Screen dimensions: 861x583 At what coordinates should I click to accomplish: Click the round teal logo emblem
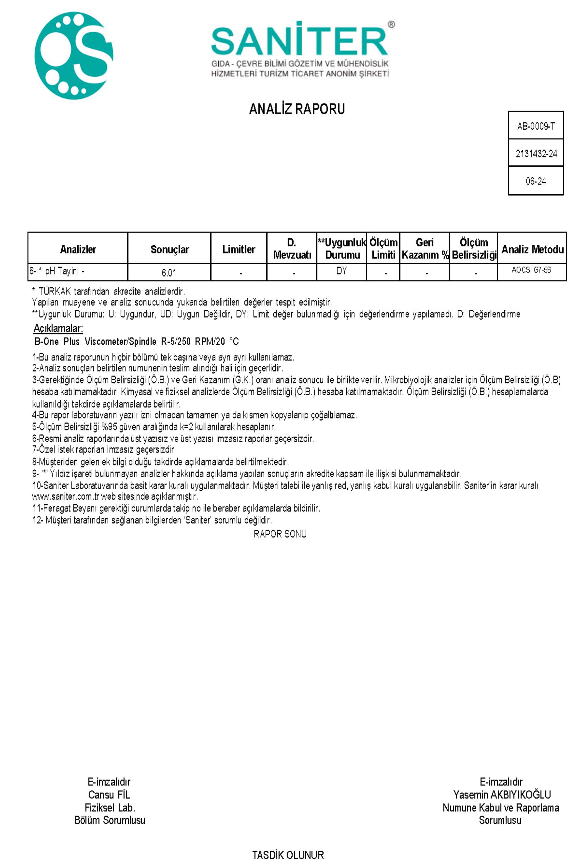(74, 56)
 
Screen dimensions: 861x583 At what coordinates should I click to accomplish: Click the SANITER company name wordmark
(299, 41)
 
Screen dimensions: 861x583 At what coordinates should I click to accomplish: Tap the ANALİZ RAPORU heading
(297, 109)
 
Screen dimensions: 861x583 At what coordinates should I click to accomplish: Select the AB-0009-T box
(536, 126)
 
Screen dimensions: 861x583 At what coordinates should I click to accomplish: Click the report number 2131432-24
(536, 153)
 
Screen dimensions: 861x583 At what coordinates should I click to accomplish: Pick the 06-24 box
(536, 181)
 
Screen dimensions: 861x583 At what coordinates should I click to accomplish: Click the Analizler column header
(78, 249)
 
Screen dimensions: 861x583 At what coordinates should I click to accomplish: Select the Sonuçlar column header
(170, 249)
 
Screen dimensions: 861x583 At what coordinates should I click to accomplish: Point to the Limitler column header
(238, 249)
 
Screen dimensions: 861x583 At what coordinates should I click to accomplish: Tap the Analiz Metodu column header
(532, 249)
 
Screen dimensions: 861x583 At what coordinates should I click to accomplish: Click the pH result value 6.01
(169, 273)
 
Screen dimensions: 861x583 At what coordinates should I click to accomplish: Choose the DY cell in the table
(341, 271)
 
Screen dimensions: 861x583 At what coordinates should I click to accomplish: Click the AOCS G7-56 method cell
(531, 270)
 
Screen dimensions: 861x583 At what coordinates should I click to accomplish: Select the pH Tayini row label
(57, 271)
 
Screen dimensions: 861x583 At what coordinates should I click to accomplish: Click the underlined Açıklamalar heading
(58, 328)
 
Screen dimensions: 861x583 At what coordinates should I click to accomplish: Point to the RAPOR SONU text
(280, 534)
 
